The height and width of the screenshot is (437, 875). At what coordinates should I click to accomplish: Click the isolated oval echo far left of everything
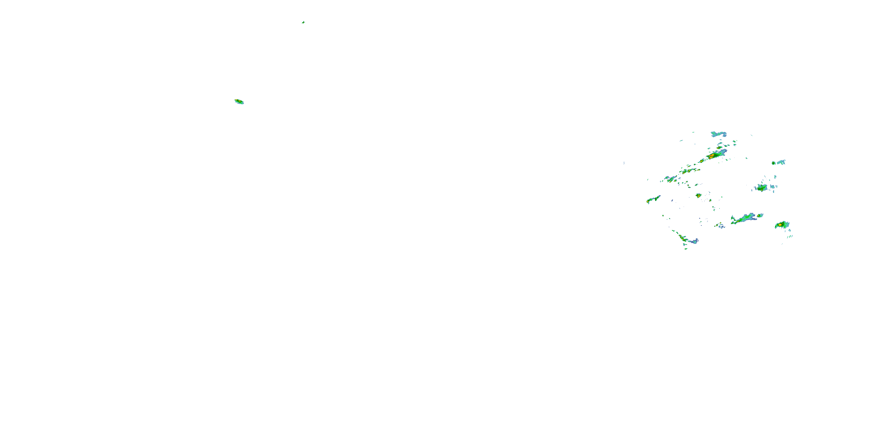coord(239,101)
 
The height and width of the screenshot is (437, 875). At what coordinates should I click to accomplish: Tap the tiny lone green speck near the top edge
coord(303,22)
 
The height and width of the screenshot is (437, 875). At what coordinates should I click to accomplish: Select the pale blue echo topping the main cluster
coord(718,134)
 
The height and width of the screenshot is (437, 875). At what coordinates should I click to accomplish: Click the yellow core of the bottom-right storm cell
coord(780,225)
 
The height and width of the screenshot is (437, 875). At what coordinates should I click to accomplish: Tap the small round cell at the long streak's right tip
coord(760,216)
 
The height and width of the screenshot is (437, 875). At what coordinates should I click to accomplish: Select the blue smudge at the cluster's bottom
coord(694,241)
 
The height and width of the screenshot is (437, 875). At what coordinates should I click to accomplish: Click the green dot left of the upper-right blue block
coord(773,163)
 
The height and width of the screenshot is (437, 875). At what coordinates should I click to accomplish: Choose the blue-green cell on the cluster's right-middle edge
coord(762,188)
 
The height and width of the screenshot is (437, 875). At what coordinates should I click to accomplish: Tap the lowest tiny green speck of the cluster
coord(686,249)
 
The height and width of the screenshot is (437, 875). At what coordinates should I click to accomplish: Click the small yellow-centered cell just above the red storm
coord(719,148)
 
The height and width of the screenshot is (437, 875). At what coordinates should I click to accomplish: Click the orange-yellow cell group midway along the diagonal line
coord(689,171)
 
